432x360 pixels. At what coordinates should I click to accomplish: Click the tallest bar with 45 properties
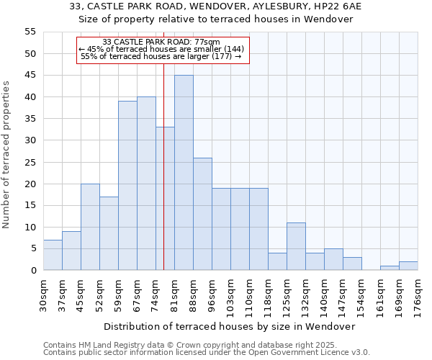(x=184, y=173)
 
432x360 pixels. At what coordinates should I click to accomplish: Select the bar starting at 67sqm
(x=146, y=184)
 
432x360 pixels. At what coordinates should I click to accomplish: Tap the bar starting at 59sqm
(x=127, y=186)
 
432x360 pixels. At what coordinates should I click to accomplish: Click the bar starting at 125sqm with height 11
(x=296, y=246)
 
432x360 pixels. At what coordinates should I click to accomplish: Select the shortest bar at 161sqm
(x=390, y=268)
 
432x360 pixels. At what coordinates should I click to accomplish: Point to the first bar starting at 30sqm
(x=53, y=255)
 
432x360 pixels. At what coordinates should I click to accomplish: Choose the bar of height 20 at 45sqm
(x=90, y=227)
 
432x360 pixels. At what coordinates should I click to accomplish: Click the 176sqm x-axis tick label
(x=418, y=294)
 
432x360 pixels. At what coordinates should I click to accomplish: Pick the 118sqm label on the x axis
(x=268, y=294)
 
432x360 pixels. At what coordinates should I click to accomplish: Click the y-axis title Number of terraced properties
(x=6, y=155)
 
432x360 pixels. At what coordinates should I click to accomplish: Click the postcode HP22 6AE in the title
(x=336, y=6)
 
